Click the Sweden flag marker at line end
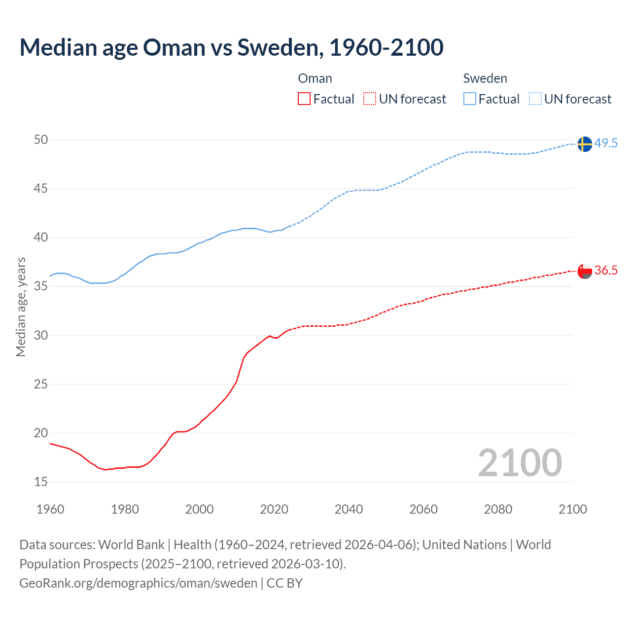(x=584, y=144)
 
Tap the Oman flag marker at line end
(x=584, y=271)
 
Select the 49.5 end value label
(x=606, y=143)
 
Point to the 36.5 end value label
(x=606, y=271)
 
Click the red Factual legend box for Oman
(x=304, y=99)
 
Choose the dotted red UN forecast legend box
(x=370, y=99)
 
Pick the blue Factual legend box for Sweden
(x=470, y=99)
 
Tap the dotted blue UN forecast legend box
(x=535, y=99)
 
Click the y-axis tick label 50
(x=41, y=140)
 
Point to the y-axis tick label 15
(x=41, y=482)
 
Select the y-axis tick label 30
(x=41, y=336)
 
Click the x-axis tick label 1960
(x=50, y=509)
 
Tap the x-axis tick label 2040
(x=349, y=509)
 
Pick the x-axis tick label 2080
(x=498, y=509)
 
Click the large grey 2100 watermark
(x=520, y=463)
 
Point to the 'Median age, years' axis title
(x=21, y=307)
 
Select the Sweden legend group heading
(x=485, y=78)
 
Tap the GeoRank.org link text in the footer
(x=138, y=583)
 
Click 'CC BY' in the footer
(x=284, y=583)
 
